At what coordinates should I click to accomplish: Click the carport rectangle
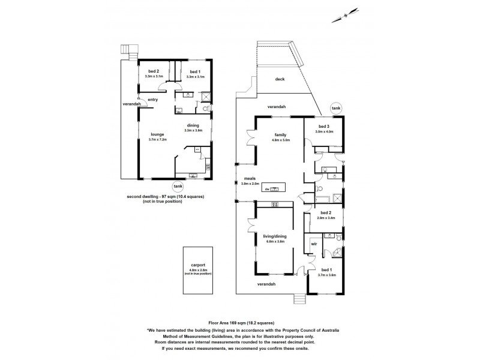coord(198,270)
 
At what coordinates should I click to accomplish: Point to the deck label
coord(280,79)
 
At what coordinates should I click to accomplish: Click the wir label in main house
coord(314,245)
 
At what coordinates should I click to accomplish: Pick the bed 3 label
coord(325,127)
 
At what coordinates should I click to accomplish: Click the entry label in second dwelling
coord(153,100)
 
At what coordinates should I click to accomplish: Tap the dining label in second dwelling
coord(193,125)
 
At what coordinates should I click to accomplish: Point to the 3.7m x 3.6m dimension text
coord(327,275)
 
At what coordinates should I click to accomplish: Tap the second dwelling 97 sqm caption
coord(163,196)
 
